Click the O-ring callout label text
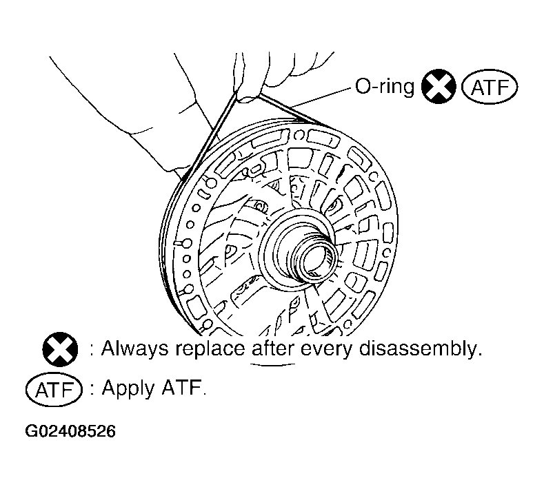pos(385,86)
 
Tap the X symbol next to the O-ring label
pos(439,86)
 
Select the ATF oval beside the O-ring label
pos(489,87)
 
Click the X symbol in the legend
pos(60,349)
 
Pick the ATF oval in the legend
pos(54,390)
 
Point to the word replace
pos(210,349)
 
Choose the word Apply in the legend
pos(128,388)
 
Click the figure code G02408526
pos(70,431)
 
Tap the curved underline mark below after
pos(273,364)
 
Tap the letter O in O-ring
pos(363,86)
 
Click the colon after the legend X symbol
pos(92,350)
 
